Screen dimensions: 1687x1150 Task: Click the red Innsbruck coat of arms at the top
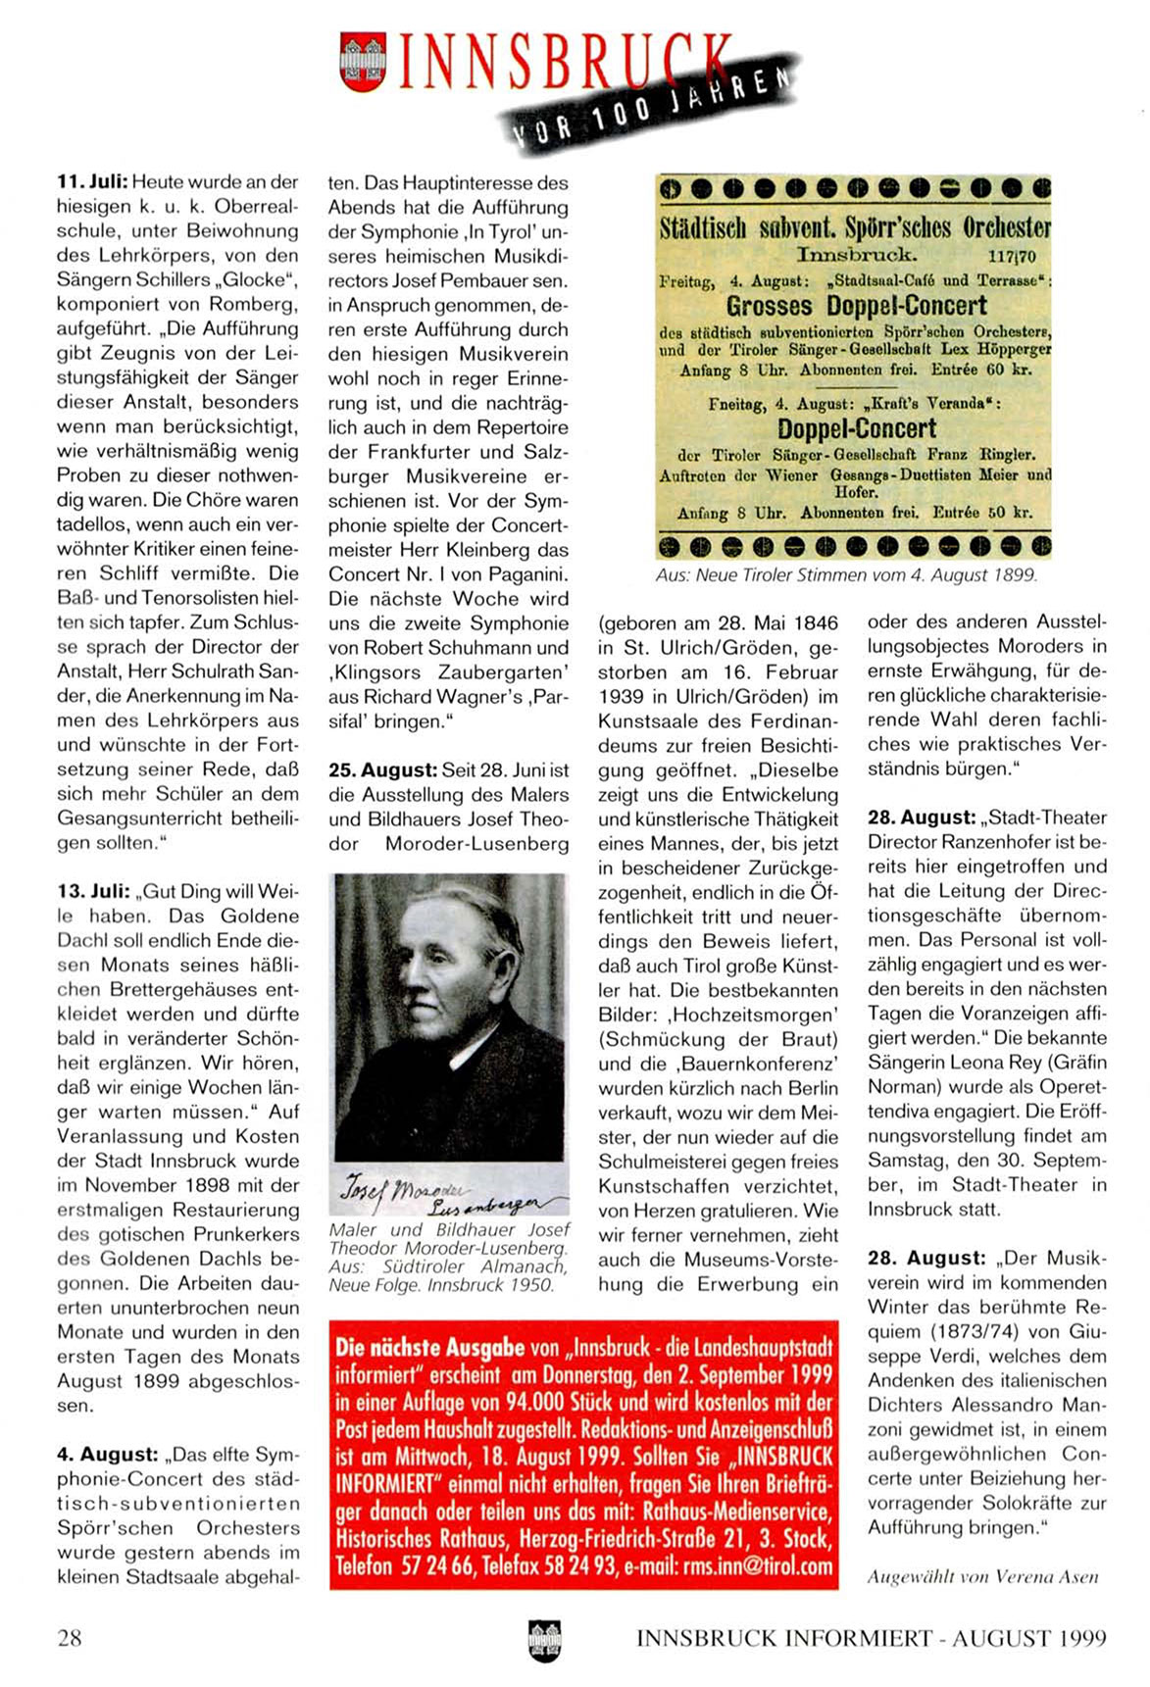coord(363,62)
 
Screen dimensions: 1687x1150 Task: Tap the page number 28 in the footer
coord(70,1637)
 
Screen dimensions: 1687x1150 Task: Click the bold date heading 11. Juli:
coord(92,182)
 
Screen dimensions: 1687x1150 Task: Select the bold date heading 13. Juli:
coord(92,892)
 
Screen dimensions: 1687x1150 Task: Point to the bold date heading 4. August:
coord(107,1455)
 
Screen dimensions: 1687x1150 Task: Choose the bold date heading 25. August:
coord(382,769)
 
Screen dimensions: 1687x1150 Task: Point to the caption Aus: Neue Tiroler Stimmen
coord(846,575)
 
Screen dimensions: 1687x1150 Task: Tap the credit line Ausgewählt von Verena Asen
coord(982,1577)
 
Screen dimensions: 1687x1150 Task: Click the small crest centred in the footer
coord(544,1639)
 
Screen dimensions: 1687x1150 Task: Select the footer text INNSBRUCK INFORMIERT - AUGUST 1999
coord(871,1638)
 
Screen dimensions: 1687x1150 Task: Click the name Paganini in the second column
coord(523,574)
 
